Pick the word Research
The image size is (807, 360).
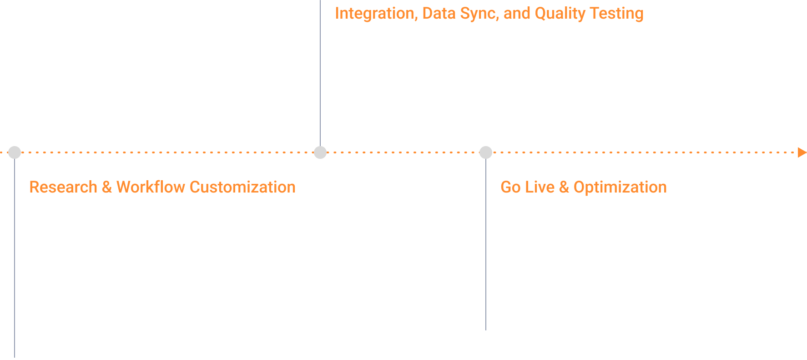63,187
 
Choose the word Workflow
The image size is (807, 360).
151,187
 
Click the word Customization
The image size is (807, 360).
242,187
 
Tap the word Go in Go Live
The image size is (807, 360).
510,187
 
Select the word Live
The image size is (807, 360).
540,187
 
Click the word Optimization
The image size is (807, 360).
620,188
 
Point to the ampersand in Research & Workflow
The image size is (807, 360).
107,187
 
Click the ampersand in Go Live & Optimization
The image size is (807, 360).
564,187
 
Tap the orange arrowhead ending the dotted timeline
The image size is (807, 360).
802,152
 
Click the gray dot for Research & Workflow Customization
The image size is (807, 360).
15,152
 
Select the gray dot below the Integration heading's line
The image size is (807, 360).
320,152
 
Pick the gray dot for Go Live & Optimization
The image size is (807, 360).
486,152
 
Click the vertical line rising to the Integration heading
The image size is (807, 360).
320,73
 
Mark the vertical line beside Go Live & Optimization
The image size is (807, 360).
486,244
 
